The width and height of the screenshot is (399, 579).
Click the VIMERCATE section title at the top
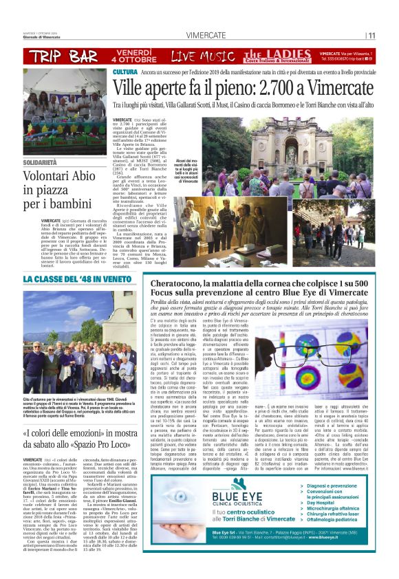(x=204, y=35)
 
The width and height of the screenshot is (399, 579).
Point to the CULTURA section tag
(x=125, y=72)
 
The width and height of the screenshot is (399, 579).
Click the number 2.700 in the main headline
(x=262, y=87)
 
